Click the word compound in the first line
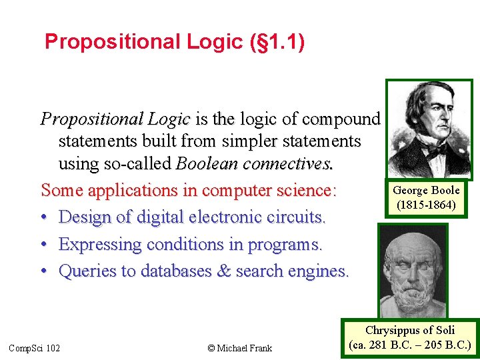click(341, 119)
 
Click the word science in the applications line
click(301, 190)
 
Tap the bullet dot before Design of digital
click(45, 217)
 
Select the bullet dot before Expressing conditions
click(45, 245)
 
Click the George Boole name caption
click(426, 191)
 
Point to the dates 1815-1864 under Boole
click(426, 205)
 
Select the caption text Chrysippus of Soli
click(410, 330)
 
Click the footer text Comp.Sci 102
click(34, 347)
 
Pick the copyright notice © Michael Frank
click(240, 347)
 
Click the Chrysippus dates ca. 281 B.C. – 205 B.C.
click(410, 345)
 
